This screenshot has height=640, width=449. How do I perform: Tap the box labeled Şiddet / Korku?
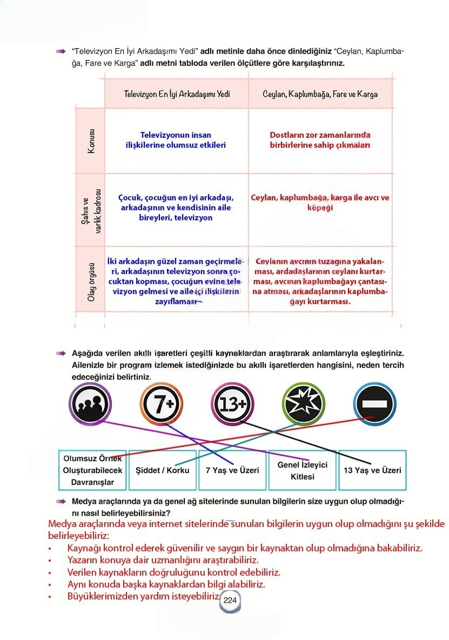(163, 470)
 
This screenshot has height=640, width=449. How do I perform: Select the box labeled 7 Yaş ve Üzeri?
(232, 470)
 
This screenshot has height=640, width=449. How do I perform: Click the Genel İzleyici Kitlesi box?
(302, 470)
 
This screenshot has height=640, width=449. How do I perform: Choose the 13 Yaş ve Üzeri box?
(372, 470)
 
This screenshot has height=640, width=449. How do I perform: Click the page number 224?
(230, 601)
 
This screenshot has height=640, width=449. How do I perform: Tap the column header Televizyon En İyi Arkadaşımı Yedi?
(177, 94)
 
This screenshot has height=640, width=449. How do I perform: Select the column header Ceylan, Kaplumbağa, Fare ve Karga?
(320, 94)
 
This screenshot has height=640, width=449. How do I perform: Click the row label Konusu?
(91, 141)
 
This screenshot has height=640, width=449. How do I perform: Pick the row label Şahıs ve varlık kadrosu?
(91, 210)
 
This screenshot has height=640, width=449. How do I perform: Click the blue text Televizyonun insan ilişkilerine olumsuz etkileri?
(176, 140)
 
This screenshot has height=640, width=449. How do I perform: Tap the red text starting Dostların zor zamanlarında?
(320, 140)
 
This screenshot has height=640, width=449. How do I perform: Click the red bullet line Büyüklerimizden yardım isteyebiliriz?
(143, 597)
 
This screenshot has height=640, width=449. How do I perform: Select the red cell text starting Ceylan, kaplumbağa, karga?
(320, 202)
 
